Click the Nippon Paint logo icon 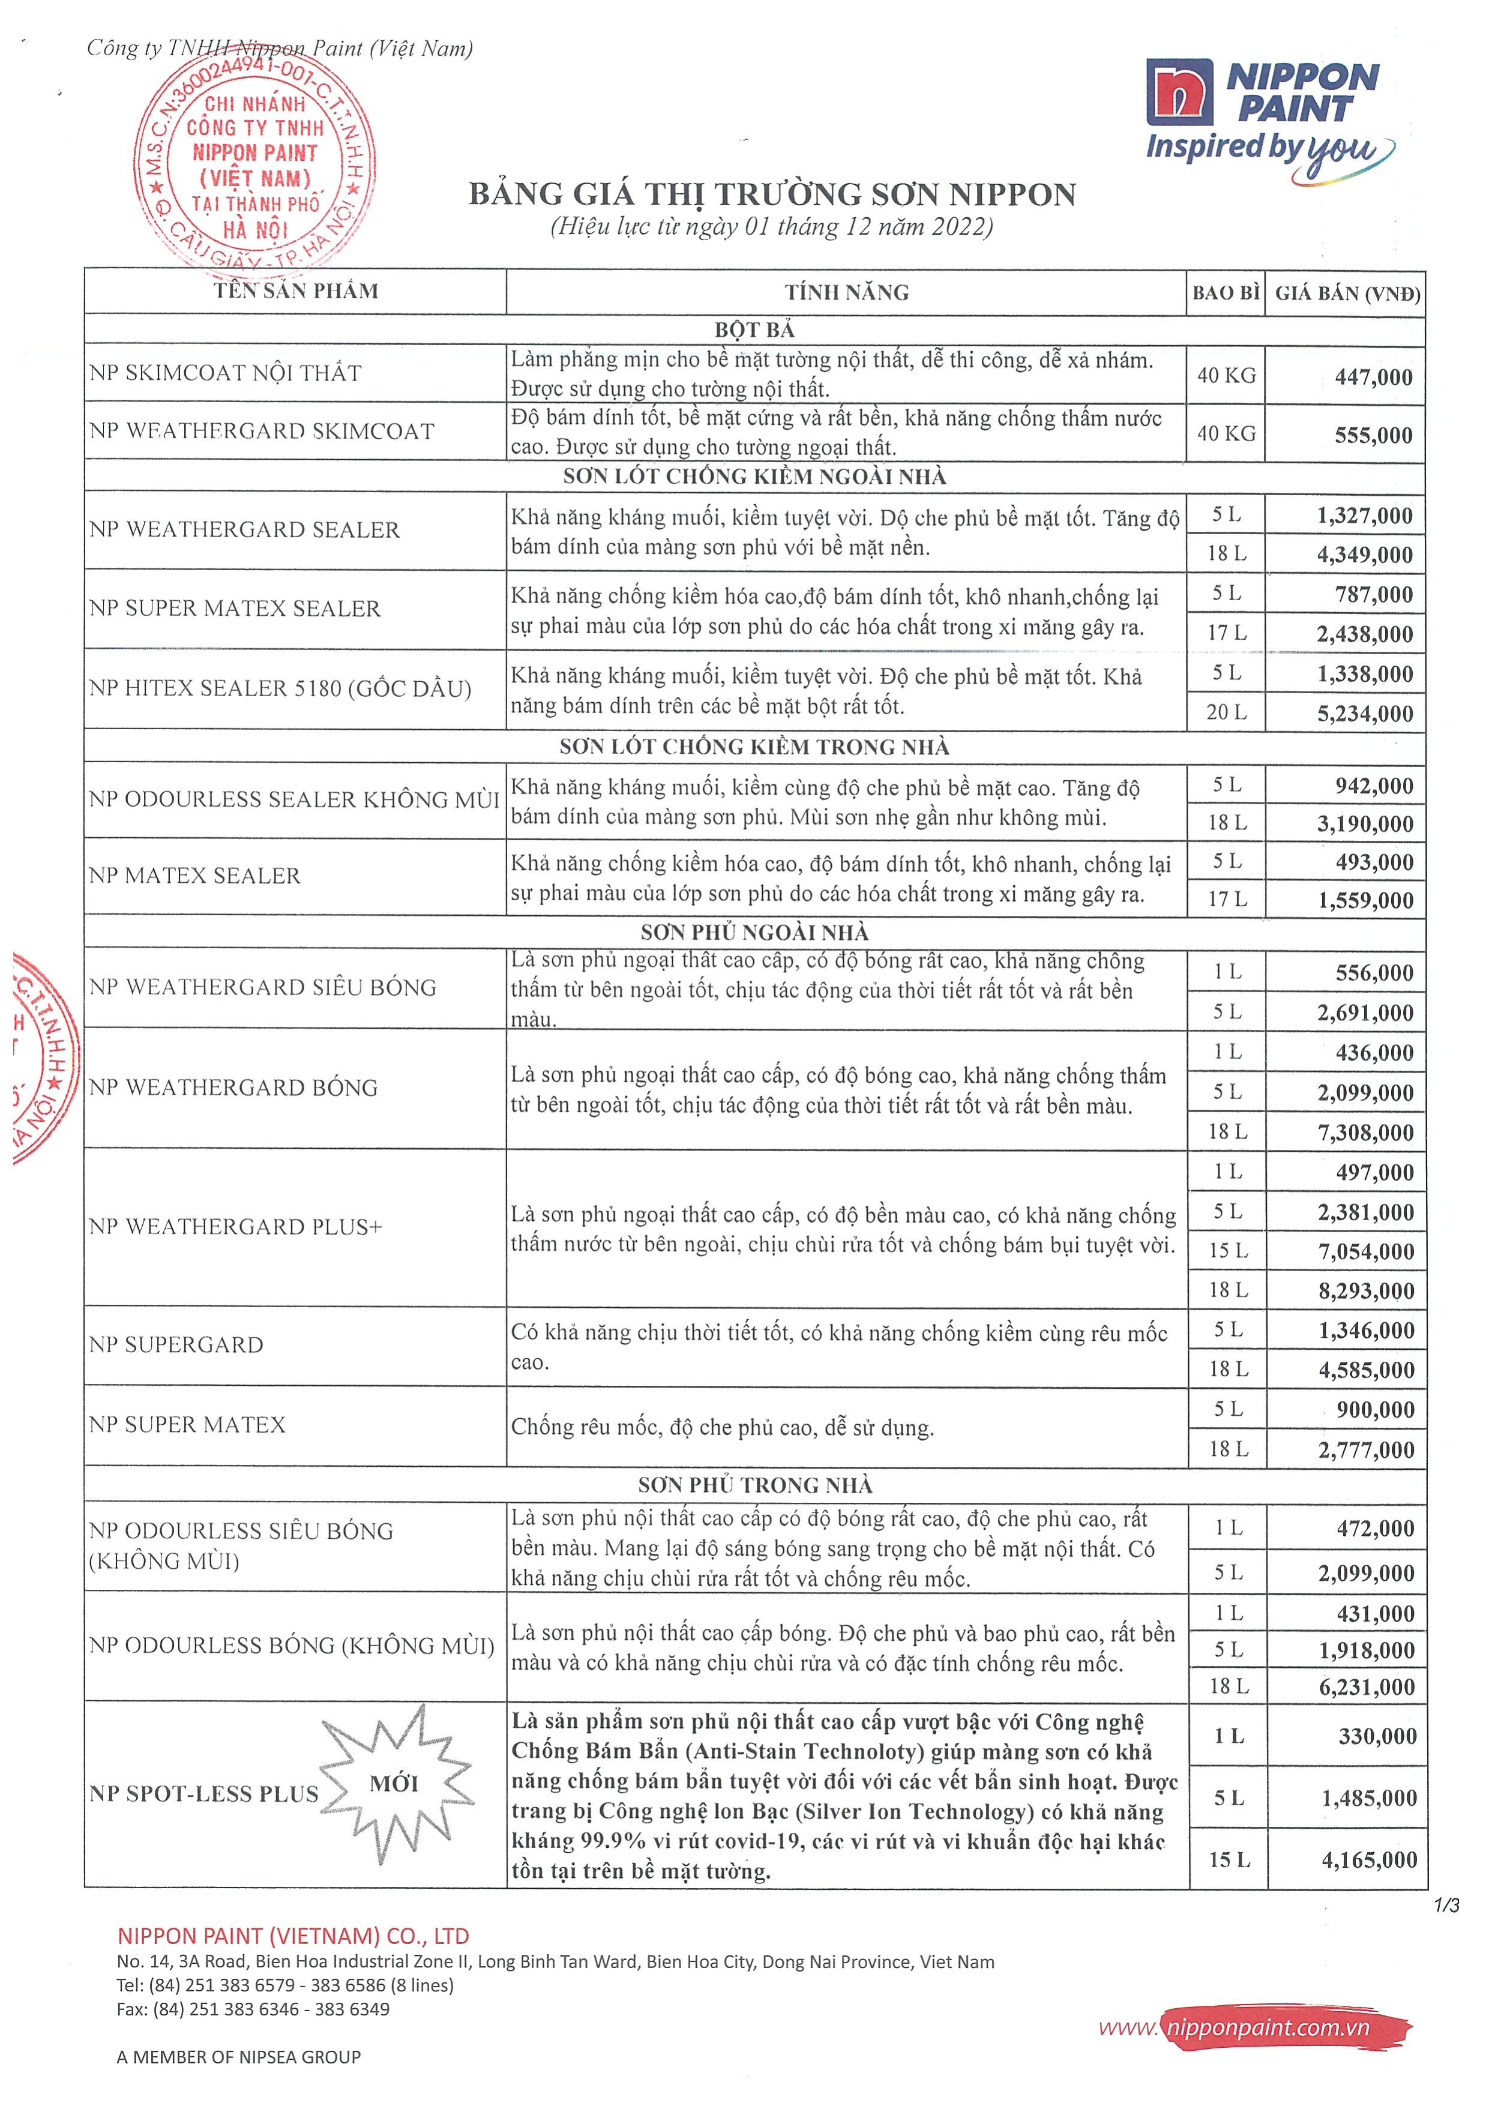click(1179, 92)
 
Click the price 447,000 click(1373, 376)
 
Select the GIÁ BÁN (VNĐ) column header click(1347, 293)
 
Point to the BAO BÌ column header click(1226, 293)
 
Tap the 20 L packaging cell click(1227, 712)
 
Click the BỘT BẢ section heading click(754, 329)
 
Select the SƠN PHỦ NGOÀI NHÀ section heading click(754, 932)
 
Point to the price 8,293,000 click(1365, 1290)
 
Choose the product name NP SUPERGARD click(176, 1345)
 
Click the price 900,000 click(1374, 1410)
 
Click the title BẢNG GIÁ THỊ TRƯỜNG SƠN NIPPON click(772, 194)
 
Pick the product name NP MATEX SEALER click(194, 876)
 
